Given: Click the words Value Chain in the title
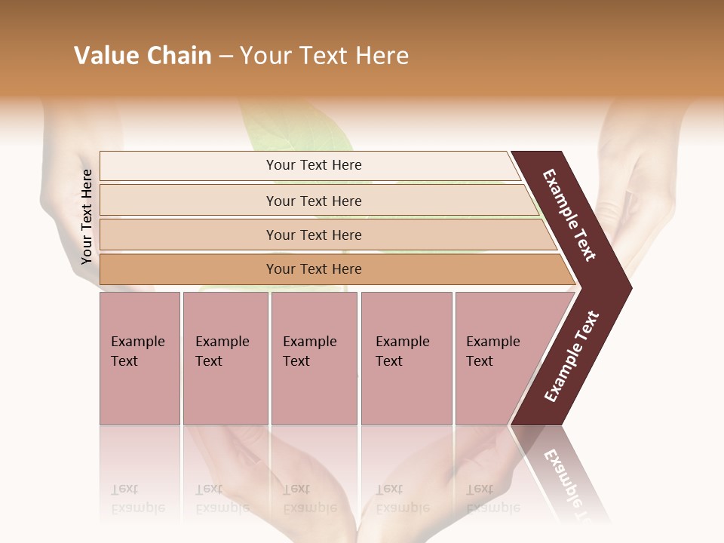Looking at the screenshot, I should point(143,56).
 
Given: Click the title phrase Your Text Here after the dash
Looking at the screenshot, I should point(324,56).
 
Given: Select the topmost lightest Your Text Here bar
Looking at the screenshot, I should point(313,165).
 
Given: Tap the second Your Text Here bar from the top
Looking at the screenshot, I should point(313,201).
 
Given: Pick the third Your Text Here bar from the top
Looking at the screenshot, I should point(313,235).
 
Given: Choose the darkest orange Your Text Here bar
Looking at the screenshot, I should point(313,269).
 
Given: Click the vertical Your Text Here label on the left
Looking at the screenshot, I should point(87,216).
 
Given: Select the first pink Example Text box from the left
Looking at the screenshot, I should point(140,357).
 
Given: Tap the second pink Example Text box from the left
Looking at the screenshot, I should point(225,357).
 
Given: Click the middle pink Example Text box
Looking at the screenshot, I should point(314,357).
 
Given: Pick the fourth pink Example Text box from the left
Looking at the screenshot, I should point(406,357).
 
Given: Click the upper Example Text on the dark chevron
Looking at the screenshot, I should point(570,216).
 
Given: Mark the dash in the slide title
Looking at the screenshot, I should point(225,57).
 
